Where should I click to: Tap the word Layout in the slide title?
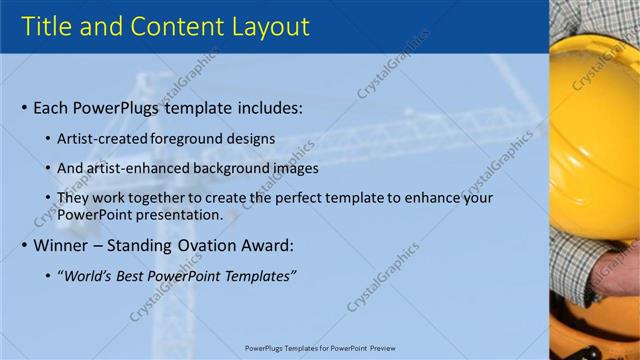[264, 27]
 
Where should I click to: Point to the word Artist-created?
[103, 139]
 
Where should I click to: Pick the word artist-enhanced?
[139, 168]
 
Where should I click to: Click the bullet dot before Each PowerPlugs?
[24, 108]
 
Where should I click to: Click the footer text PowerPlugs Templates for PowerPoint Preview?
[320, 348]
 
